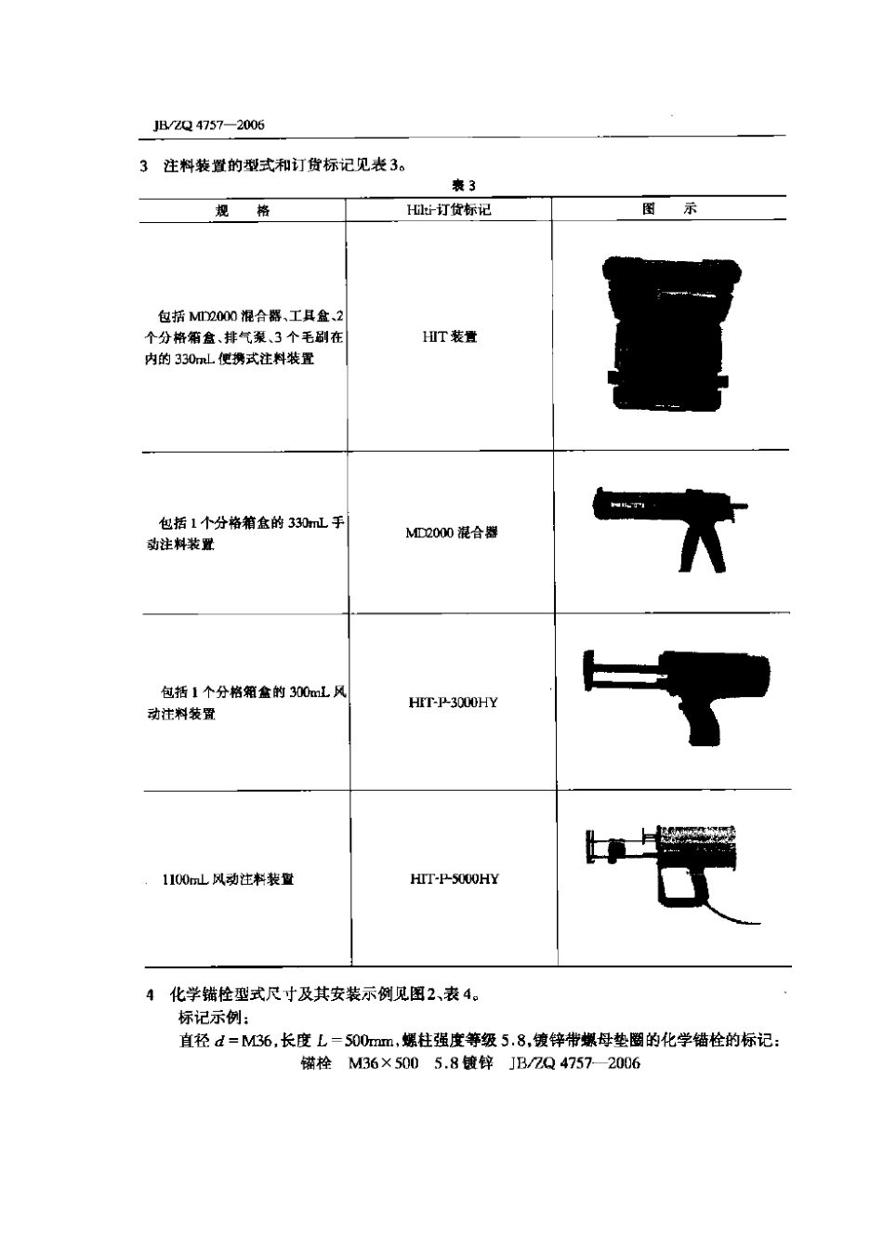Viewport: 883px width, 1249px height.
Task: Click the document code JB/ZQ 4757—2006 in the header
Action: [202, 125]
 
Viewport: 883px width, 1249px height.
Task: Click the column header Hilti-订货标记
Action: [449, 210]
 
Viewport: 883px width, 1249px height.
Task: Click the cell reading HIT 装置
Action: [449, 336]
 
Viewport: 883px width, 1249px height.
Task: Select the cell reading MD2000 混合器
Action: [451, 532]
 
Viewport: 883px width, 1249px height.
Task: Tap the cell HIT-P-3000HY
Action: [453, 703]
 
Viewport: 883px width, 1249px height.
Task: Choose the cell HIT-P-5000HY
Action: [454, 878]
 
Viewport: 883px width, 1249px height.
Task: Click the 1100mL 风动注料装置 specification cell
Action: [228, 879]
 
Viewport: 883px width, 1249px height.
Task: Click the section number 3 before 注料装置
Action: [144, 167]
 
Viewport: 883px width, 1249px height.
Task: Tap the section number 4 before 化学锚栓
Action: [151, 995]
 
